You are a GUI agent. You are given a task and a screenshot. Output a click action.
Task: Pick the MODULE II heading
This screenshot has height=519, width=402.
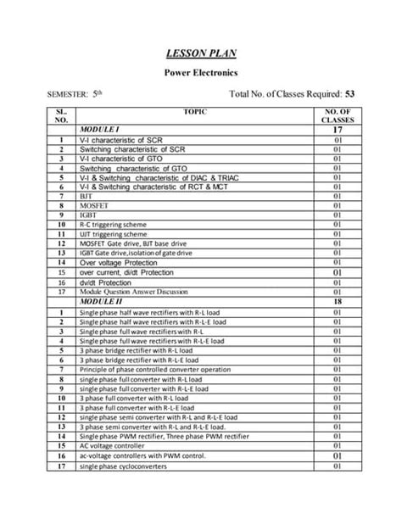pos(105,302)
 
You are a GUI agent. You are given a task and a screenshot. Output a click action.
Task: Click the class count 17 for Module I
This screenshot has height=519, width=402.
pos(338,129)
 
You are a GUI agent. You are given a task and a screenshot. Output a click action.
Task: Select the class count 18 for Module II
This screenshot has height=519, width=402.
pos(338,302)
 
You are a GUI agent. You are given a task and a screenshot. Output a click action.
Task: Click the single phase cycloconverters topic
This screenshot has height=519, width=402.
pos(120,466)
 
